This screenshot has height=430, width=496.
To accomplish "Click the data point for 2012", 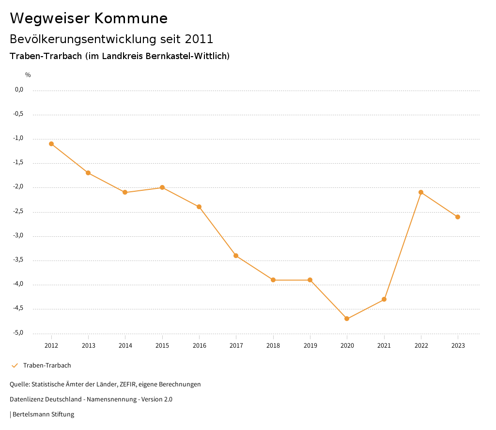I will [51, 144].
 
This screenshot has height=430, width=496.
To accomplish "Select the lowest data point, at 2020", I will [347, 319].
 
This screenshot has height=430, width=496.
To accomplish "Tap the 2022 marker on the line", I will [421, 192].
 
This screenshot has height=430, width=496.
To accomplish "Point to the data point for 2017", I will [236, 256].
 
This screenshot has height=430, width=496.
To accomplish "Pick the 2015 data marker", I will [162, 187].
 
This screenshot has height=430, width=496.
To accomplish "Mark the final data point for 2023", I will [458, 217].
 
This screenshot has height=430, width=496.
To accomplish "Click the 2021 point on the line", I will [384, 299].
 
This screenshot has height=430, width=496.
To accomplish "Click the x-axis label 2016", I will [199, 346].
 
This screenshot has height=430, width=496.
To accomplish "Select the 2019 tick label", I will [310, 346].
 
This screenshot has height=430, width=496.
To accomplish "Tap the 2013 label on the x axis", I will [88, 346].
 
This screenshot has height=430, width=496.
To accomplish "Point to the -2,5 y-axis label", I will [18, 212].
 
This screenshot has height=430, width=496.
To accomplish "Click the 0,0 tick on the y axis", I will [19, 90].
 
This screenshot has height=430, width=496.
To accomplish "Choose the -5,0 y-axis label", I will [18, 333].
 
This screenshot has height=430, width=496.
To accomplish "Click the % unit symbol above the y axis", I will [28, 75].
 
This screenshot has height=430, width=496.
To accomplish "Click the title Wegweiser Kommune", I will [89, 18].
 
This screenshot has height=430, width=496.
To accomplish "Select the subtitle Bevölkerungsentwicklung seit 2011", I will [111, 39].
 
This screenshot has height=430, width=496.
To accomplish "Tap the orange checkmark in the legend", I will [15, 366].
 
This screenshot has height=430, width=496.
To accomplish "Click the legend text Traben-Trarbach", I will [47, 366].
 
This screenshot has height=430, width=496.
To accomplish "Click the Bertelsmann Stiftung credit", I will [43, 415].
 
